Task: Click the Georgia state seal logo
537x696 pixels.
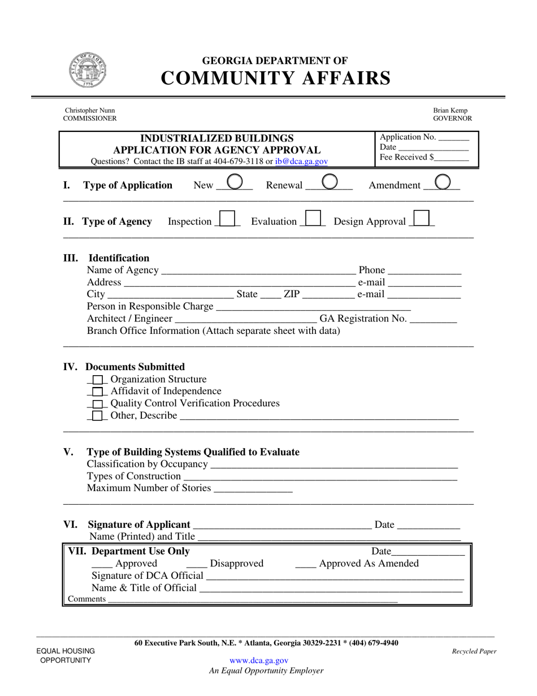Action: tap(88, 69)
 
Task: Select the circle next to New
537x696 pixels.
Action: tap(235, 182)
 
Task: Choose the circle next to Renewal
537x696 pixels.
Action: tap(330, 182)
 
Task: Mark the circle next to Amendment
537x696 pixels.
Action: tap(444, 182)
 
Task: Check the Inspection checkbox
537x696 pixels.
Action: tap(227, 218)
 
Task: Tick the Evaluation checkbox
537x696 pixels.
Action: tap(313, 218)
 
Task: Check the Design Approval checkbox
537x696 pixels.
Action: tap(422, 218)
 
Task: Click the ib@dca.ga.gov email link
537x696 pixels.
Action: tap(301, 161)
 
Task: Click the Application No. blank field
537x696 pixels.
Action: tap(454, 138)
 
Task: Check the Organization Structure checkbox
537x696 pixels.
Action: tap(98, 380)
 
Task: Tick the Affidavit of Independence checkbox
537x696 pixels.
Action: tap(98, 392)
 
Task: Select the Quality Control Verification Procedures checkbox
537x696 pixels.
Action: tap(98, 404)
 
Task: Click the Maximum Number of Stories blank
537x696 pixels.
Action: tap(253, 489)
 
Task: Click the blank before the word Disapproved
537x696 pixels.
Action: tap(196, 564)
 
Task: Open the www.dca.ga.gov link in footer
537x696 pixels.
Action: tap(259, 660)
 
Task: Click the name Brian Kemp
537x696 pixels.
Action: tap(451, 111)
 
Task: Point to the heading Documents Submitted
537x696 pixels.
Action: tap(135, 367)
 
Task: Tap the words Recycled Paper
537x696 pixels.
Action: tap(474, 651)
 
